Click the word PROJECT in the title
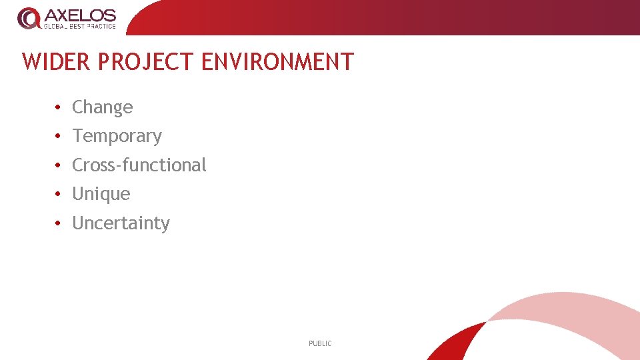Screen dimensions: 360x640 (x=146, y=62)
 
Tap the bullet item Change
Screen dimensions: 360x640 (x=102, y=107)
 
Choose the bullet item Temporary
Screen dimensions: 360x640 (x=117, y=136)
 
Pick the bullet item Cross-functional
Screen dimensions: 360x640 (x=139, y=165)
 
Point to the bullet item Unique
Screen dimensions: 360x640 (x=101, y=194)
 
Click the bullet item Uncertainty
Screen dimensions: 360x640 (x=121, y=223)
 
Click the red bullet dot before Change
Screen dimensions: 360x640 (x=59, y=107)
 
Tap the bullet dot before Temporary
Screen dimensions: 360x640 (x=59, y=136)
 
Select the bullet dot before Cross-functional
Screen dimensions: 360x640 (x=59, y=165)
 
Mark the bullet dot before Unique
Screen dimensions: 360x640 (x=59, y=194)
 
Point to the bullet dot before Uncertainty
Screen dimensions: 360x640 (x=59, y=223)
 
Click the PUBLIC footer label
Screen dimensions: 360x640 (x=320, y=343)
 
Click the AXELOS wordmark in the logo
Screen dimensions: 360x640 (x=80, y=15)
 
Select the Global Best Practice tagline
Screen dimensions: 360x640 (x=80, y=27)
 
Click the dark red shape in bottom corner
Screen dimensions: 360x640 (x=460, y=343)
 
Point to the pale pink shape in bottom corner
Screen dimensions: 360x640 (x=573, y=320)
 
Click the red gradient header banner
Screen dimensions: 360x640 (x=400, y=17)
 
